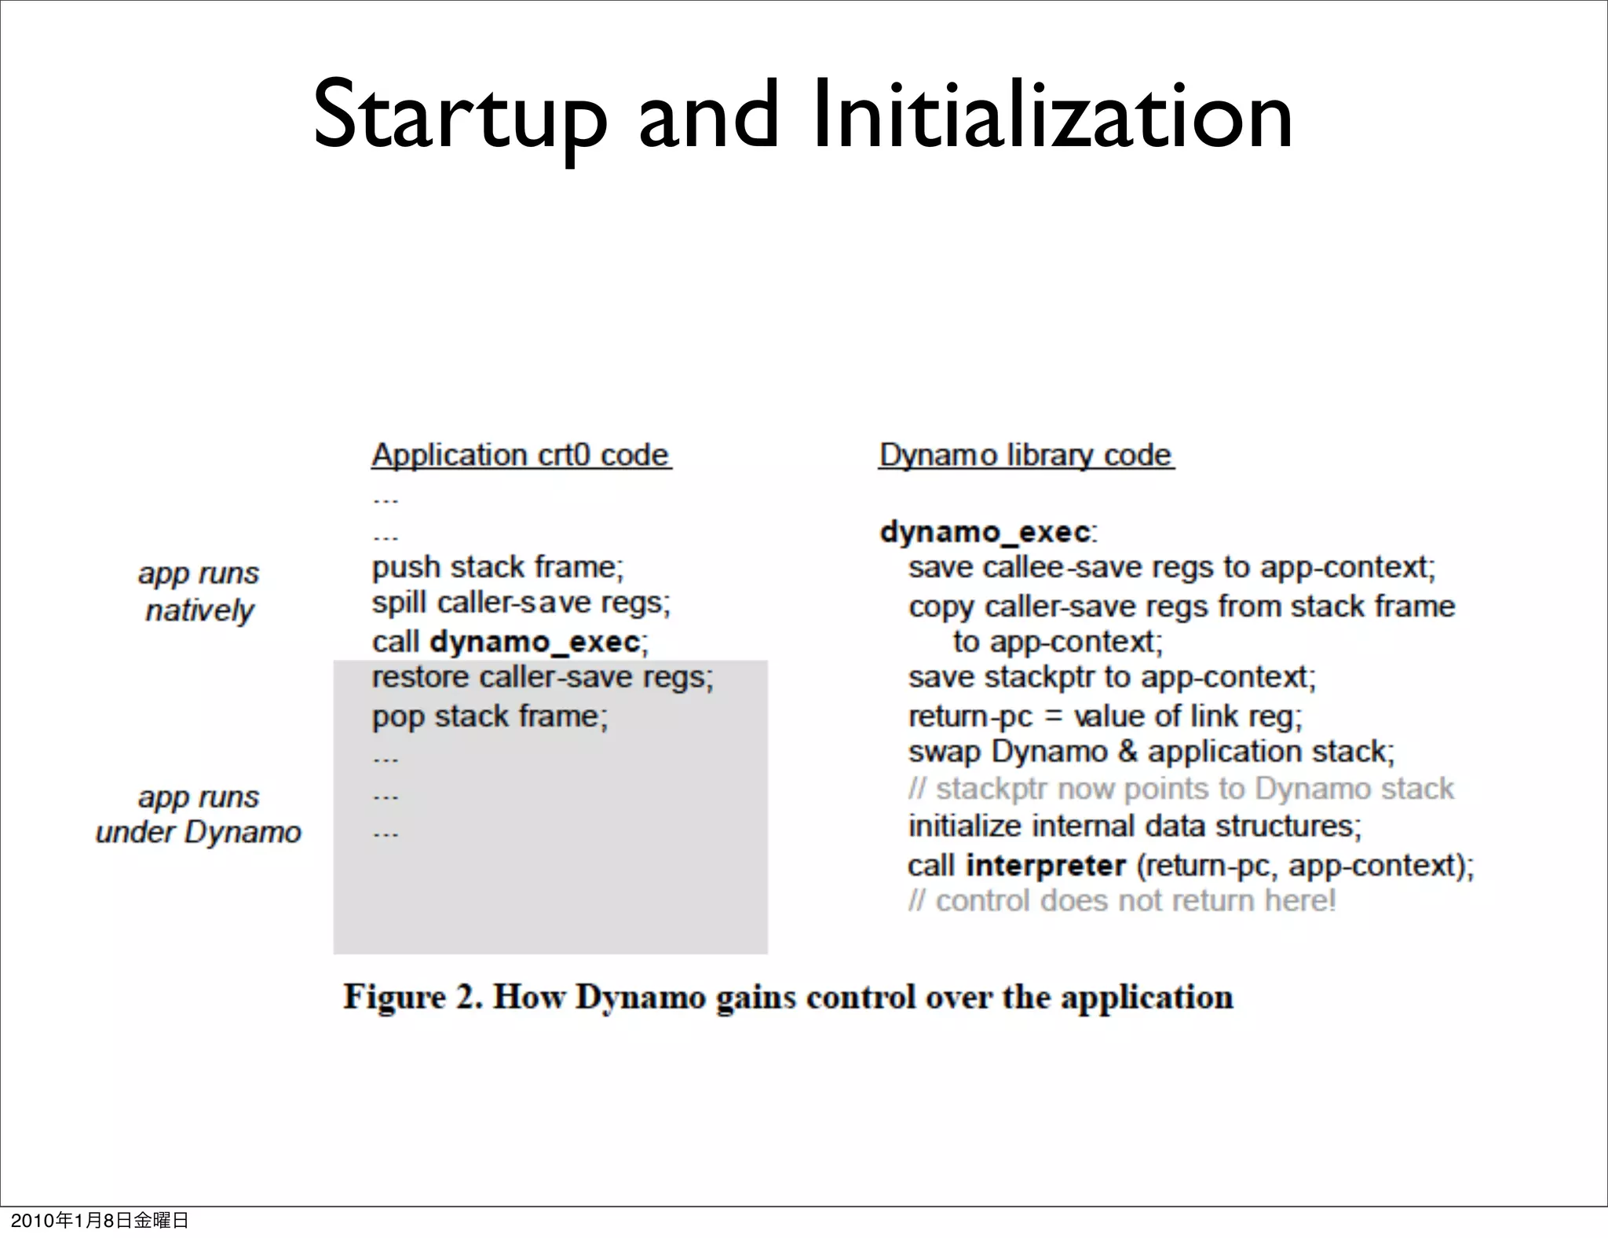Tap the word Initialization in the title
click(x=1052, y=116)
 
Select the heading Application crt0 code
click(x=521, y=456)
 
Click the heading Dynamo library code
click(x=1025, y=456)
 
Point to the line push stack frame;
click(x=497, y=567)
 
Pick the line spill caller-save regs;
click(x=521, y=603)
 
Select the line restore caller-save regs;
click(x=542, y=678)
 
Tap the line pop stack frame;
click(x=489, y=716)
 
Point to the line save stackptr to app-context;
click(x=1111, y=678)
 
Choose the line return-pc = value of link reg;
click(x=1105, y=716)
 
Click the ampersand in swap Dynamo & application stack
click(x=1127, y=752)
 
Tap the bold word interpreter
click(x=1045, y=866)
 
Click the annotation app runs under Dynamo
click(x=199, y=815)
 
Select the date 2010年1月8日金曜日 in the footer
click(x=100, y=1220)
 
